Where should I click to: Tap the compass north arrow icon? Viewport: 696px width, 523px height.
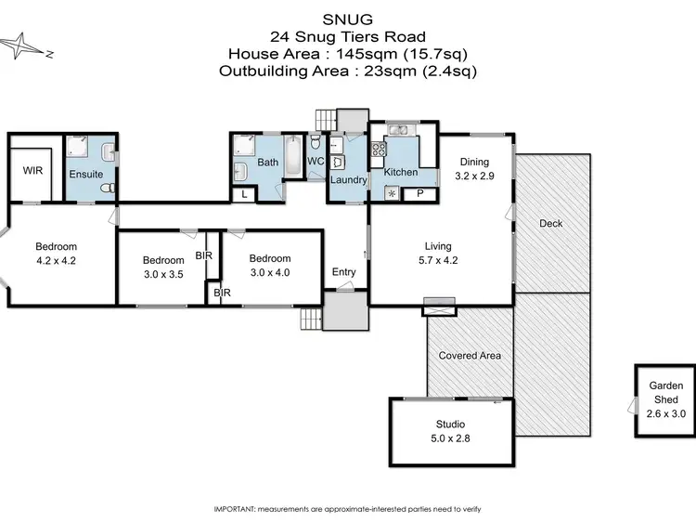pos(26,46)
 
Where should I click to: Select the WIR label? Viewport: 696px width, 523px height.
pos(32,170)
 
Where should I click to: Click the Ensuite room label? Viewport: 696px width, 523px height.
pos(85,173)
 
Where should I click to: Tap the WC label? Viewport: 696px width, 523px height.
pos(315,162)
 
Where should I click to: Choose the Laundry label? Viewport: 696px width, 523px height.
pos(349,180)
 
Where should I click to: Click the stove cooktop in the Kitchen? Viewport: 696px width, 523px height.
pos(379,150)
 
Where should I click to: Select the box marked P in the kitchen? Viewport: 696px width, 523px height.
pos(419,193)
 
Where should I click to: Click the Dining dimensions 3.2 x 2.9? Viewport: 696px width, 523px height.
pos(473,174)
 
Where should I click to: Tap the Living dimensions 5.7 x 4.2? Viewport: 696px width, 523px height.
pos(438,260)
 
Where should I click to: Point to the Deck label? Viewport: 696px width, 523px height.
pos(550,224)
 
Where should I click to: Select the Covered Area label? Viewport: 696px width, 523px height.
pos(470,356)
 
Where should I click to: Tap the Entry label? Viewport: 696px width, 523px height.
pos(344,272)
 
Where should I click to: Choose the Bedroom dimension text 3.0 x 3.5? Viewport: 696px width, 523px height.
pos(163,275)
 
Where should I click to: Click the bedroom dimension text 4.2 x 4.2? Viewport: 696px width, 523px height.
pos(56,261)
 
